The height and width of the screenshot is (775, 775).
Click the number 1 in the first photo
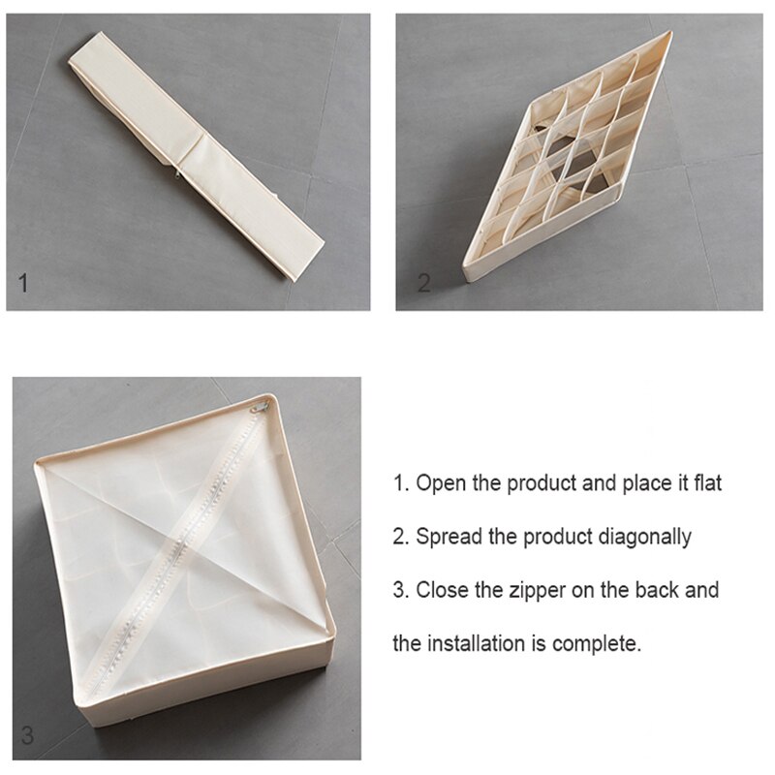tap(24, 284)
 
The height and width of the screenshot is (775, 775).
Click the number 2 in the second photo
tap(423, 284)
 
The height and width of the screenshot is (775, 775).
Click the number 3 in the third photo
tap(28, 735)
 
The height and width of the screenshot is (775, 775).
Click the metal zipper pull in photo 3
tap(259, 409)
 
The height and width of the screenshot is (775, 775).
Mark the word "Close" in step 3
tap(442, 589)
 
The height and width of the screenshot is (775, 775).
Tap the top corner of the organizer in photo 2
tap(667, 34)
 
